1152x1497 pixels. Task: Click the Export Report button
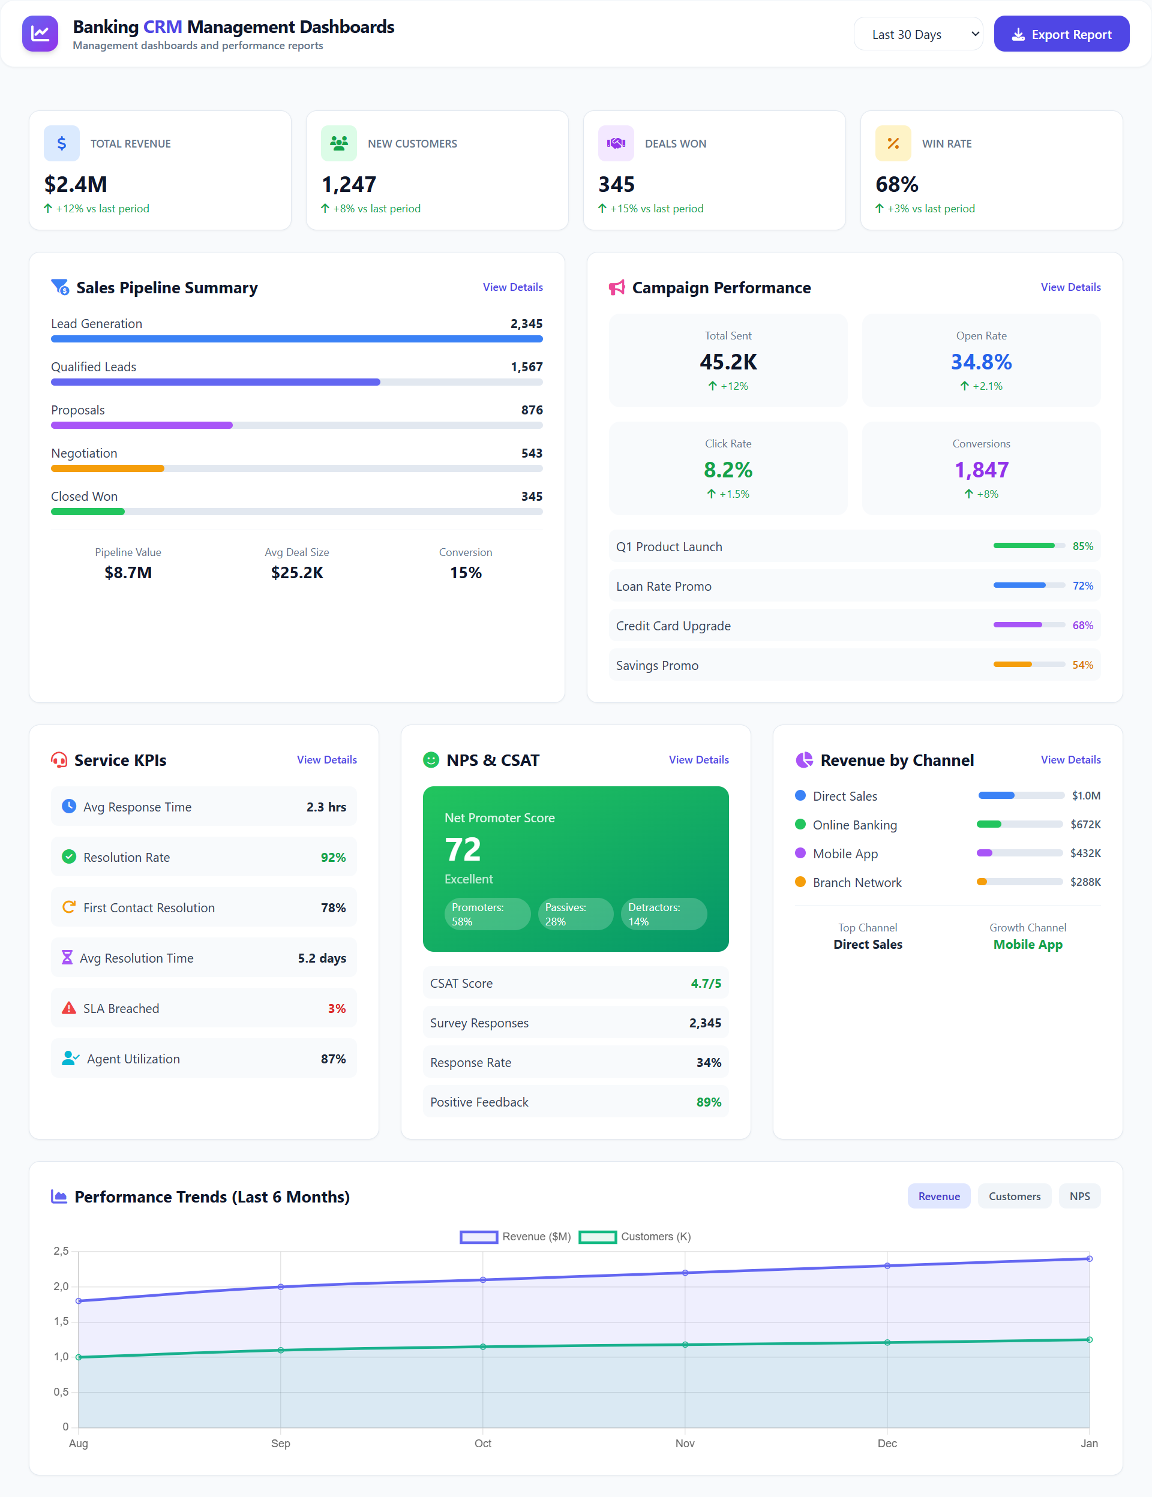1061,34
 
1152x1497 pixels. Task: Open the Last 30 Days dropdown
917,34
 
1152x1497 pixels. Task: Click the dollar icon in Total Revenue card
62,143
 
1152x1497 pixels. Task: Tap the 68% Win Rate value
896,184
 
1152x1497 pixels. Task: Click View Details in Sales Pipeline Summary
512,287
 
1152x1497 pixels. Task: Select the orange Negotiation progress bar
107,469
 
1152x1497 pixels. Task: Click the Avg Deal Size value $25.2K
297,572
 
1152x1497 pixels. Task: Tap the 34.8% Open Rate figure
980,362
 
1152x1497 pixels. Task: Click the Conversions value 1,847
980,470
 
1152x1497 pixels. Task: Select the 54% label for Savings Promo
1082,665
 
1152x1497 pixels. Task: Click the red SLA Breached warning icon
68,1008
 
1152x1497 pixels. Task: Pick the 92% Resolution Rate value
332,858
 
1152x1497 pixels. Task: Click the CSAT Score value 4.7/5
706,983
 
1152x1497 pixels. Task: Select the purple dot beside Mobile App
800,853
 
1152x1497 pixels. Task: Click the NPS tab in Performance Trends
1079,1196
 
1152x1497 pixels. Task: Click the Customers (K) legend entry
635,1237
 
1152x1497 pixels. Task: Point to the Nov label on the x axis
685,1443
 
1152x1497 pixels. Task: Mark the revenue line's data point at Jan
1089,1258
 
